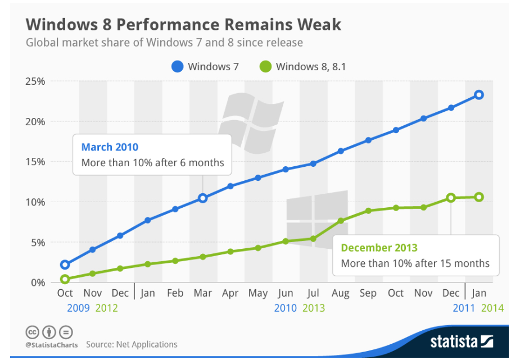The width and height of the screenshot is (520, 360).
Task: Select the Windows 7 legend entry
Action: tap(206, 67)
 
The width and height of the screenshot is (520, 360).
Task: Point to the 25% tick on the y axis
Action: tap(34, 81)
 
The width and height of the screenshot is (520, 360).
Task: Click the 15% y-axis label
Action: tap(34, 162)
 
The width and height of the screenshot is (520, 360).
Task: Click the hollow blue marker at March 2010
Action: tap(203, 198)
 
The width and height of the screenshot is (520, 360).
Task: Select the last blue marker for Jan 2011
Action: tap(478, 95)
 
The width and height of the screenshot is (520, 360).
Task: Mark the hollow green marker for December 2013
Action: tap(451, 198)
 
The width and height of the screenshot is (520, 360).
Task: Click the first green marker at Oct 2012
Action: tap(65, 279)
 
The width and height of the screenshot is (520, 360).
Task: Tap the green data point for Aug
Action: tap(341, 221)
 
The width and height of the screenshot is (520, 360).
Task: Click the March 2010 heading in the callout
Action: tap(110, 147)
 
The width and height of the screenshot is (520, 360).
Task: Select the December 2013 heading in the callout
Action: tap(379, 248)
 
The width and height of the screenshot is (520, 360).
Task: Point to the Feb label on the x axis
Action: tap(175, 294)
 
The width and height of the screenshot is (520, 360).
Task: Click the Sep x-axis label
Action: tap(368, 294)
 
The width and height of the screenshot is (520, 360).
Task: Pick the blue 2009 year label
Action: tap(78, 308)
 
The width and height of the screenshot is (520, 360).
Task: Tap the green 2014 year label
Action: tap(492, 308)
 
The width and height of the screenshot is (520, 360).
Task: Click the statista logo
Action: tap(461, 341)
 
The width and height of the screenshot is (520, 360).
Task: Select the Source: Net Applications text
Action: tap(132, 344)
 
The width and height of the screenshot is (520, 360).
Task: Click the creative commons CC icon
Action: tap(32, 332)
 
